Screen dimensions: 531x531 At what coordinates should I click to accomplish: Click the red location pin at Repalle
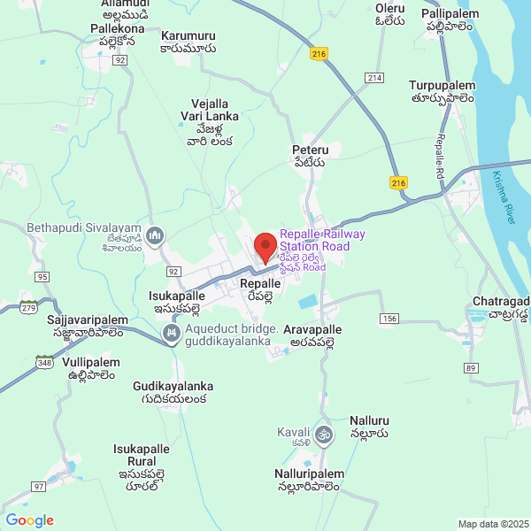265,247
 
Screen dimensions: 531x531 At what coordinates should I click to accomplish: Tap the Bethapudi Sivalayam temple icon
155,235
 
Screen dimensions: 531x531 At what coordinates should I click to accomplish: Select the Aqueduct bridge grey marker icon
172,334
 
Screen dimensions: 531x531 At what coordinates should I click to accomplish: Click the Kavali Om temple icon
325,435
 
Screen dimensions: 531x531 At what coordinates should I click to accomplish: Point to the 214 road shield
374,79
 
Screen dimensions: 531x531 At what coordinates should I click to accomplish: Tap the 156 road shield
389,318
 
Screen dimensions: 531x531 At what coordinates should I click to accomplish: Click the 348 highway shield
45,361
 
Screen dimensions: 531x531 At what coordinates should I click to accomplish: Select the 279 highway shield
30,307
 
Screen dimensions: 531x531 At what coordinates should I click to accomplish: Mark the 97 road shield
38,487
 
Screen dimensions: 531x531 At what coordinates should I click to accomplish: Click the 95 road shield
42,277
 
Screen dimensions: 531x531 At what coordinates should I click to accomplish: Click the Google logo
29,520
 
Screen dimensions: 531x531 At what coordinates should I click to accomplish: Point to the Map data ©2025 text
492,524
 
